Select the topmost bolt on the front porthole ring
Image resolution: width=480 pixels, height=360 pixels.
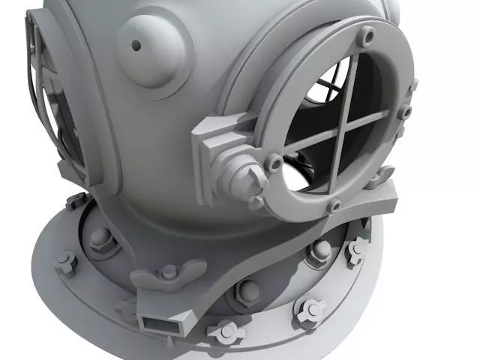coord(367,34)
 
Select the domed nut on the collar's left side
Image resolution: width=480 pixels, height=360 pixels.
coord(100,239)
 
